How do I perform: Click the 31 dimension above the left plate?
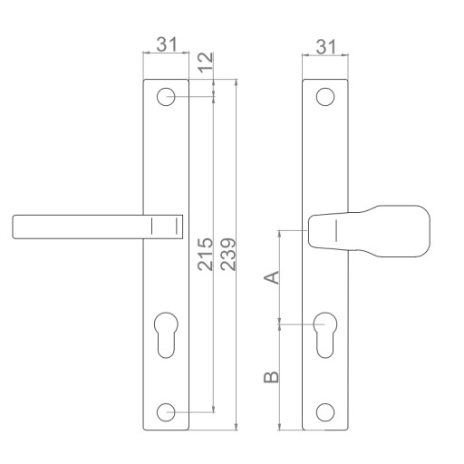166,44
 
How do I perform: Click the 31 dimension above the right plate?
325,47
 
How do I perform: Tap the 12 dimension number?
207,63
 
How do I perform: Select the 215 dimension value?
206,254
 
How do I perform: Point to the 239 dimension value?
228,254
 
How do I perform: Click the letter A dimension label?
272,277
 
